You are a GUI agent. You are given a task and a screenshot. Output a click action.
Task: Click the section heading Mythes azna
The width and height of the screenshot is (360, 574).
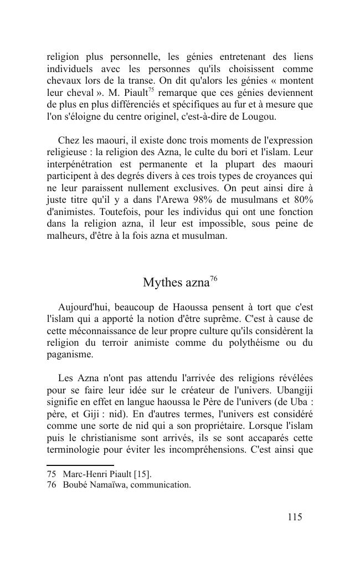(176, 283)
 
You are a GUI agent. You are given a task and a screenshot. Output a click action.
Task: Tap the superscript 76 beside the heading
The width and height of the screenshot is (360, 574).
(213, 279)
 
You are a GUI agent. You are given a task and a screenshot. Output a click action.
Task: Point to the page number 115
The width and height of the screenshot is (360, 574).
(295, 517)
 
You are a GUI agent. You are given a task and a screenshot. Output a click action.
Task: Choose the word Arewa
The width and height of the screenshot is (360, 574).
(182, 201)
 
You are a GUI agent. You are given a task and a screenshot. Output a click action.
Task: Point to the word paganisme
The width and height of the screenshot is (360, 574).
(70, 355)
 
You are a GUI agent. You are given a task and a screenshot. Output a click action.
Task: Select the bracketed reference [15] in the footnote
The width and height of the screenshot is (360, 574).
(141, 474)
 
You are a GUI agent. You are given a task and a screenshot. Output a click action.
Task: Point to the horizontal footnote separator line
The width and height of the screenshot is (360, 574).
(80, 465)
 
